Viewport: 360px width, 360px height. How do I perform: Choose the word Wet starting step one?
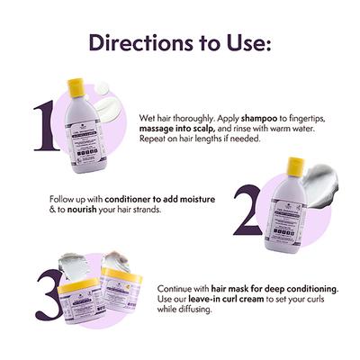click(x=148, y=119)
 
